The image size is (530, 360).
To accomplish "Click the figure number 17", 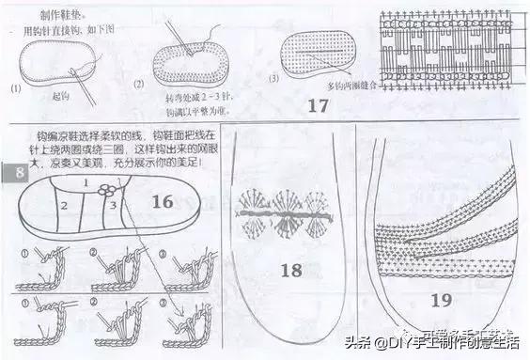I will (x=319, y=105).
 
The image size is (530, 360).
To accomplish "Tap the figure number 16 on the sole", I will (x=162, y=201).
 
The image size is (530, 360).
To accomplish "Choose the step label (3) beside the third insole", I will (x=273, y=79).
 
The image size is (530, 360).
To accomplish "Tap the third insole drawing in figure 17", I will (x=321, y=49).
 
